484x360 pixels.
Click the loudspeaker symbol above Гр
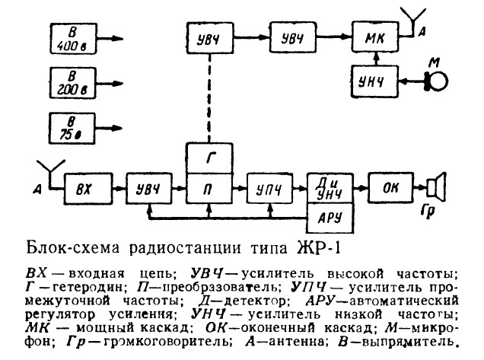(435, 186)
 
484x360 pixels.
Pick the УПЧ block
(269, 186)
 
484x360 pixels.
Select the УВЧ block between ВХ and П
(147, 186)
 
